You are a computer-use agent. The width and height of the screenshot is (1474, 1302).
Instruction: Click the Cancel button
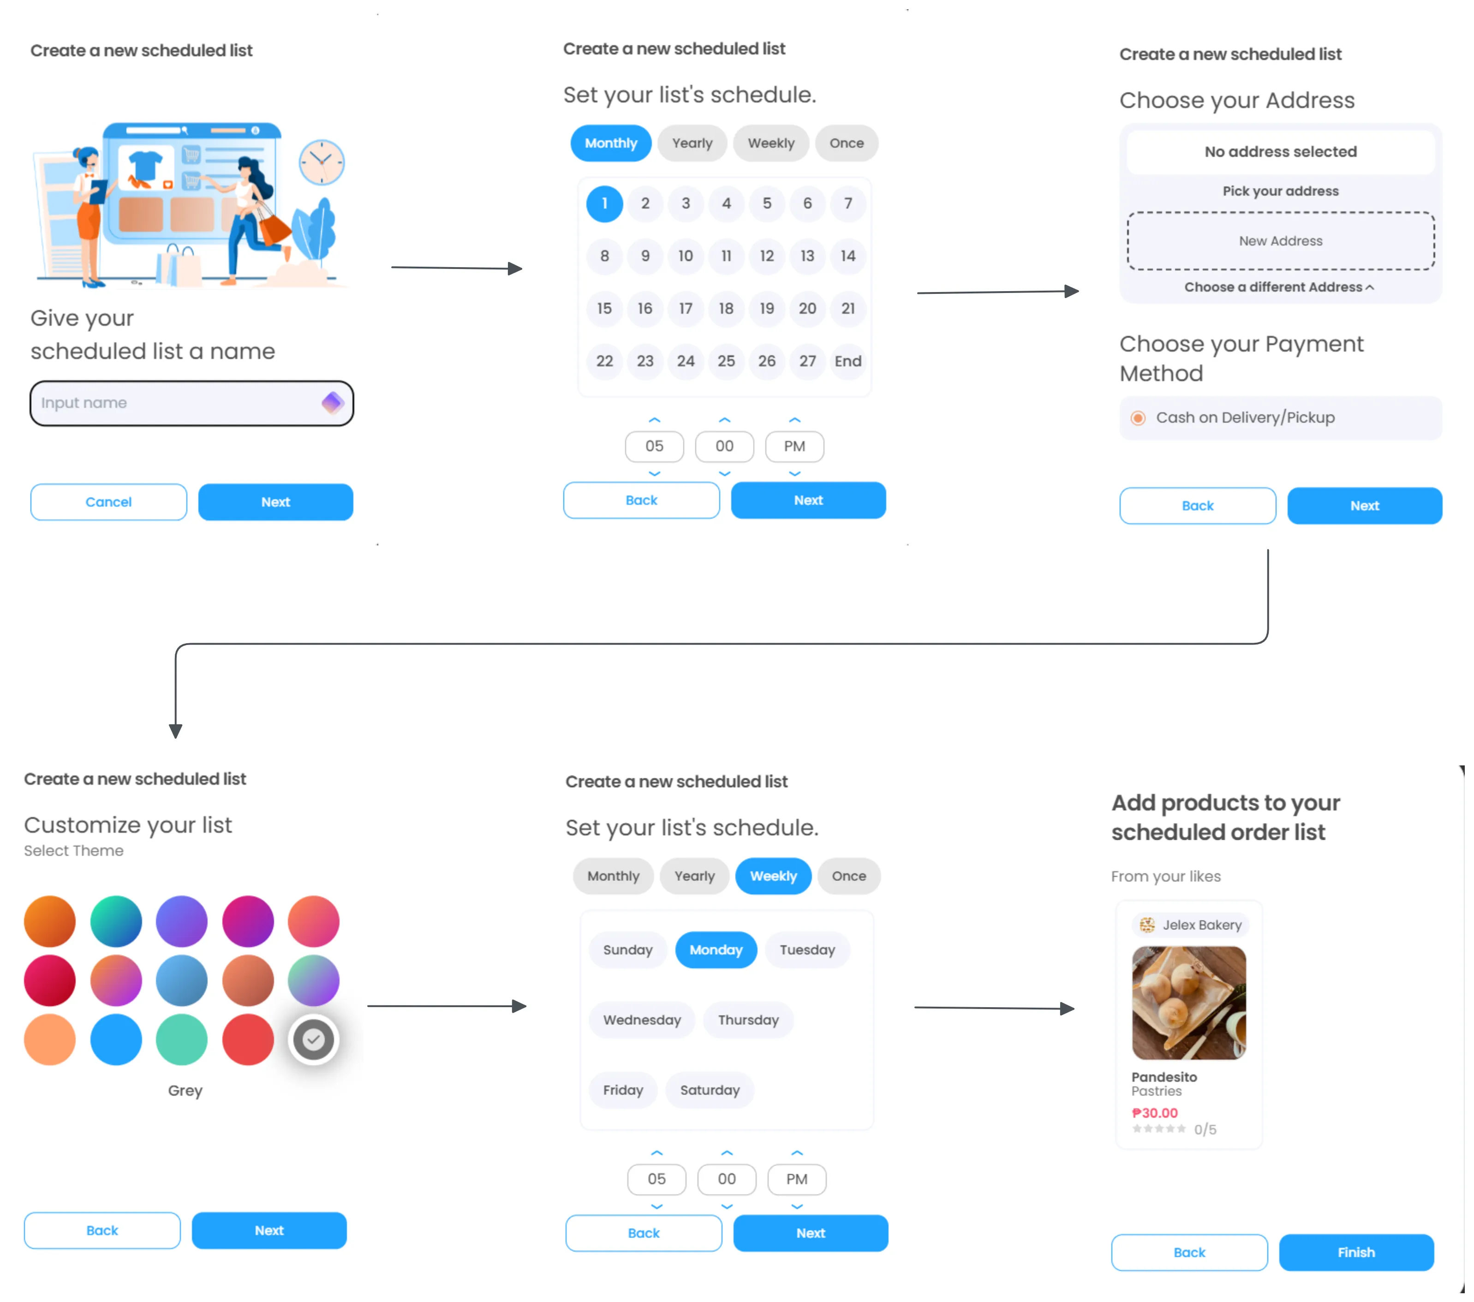tap(108, 502)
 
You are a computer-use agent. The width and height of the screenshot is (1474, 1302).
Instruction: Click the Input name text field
tap(173, 403)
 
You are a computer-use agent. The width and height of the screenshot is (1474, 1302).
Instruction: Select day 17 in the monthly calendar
tap(685, 309)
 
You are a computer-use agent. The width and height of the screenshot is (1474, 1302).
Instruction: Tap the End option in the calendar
tap(847, 361)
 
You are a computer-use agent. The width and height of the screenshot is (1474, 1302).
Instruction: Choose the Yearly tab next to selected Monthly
tap(692, 143)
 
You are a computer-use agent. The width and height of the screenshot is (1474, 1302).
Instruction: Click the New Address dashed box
tap(1280, 241)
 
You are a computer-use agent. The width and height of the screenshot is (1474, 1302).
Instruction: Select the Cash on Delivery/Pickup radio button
tap(1138, 418)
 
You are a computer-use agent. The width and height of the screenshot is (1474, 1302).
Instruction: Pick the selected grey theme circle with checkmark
tap(313, 1039)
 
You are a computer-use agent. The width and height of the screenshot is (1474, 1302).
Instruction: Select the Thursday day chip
tap(748, 1020)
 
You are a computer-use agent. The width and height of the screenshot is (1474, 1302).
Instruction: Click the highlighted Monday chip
tap(716, 950)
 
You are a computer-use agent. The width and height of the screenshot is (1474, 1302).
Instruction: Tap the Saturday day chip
tap(710, 1090)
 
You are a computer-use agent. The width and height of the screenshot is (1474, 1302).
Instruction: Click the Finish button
tap(1356, 1252)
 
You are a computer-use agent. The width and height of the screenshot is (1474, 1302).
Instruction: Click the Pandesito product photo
tap(1188, 1003)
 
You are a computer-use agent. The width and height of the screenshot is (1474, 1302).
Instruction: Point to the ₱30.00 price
tap(1155, 1113)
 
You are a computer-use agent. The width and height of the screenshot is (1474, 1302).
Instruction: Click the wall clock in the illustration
tap(322, 162)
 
